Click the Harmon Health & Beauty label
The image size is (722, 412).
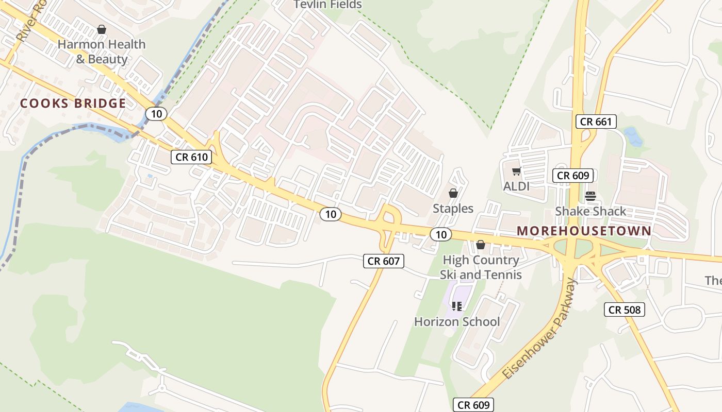(102, 51)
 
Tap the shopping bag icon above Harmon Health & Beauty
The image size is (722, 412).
(102, 29)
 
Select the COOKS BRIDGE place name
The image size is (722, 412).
(73, 104)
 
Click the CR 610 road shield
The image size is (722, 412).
(191, 157)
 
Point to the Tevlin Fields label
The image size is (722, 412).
(327, 5)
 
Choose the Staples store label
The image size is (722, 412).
(453, 209)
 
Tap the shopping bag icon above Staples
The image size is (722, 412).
(453, 193)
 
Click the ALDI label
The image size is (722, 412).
(516, 186)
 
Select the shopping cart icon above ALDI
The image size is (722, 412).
(516, 171)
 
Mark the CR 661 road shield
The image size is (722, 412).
(596, 122)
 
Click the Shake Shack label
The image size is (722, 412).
(590, 211)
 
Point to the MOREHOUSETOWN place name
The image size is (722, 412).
(584, 231)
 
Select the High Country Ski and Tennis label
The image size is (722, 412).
(481, 267)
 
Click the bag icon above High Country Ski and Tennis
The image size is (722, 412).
(481, 245)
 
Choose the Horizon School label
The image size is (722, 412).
(457, 322)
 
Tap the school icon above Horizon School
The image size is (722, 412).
(456, 306)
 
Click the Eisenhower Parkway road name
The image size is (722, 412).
(539, 330)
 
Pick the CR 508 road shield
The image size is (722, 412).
(624, 310)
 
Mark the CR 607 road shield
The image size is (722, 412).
(384, 261)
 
